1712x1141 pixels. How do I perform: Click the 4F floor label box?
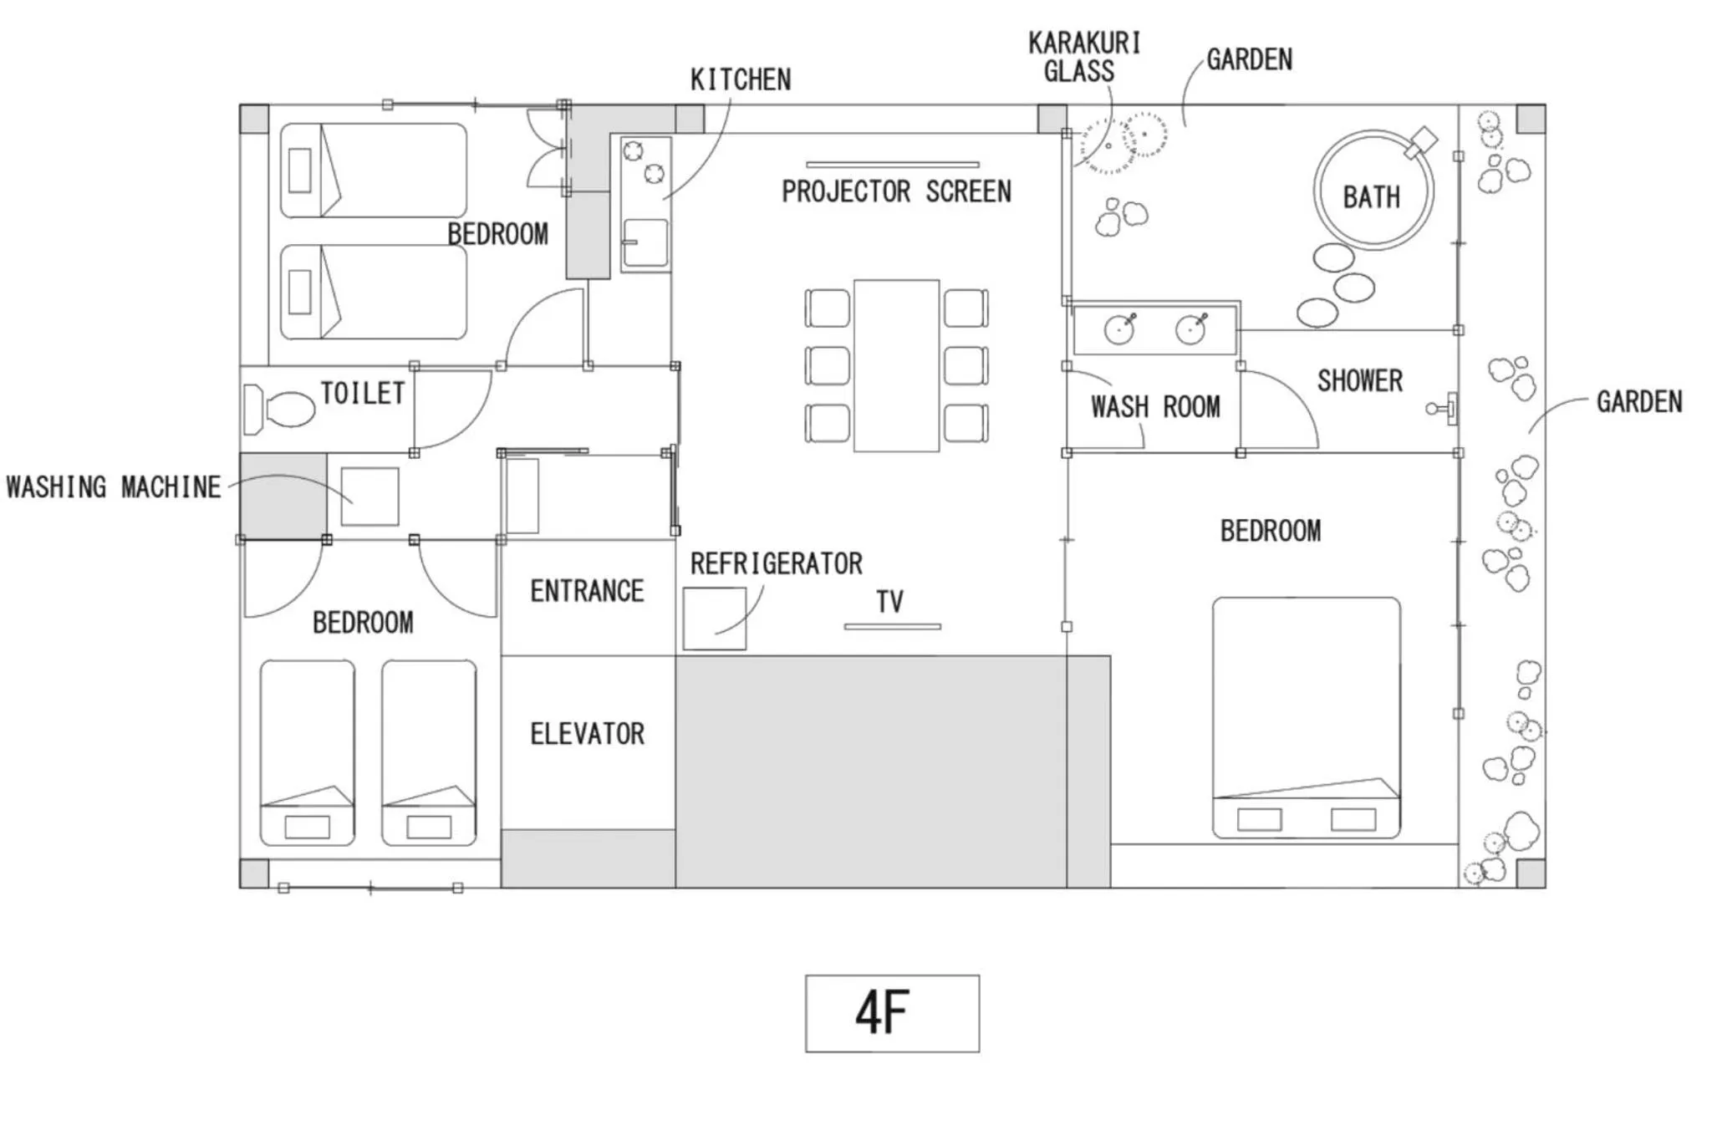click(892, 1013)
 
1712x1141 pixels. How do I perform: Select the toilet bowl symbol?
click(279, 410)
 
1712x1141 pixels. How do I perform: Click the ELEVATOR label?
click(587, 734)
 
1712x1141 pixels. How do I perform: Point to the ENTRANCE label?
click(587, 591)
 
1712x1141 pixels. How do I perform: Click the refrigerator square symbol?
click(715, 619)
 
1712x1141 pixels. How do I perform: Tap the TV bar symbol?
click(892, 626)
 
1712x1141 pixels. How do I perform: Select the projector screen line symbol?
click(892, 165)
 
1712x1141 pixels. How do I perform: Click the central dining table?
click(896, 366)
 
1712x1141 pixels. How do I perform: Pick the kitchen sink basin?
click(646, 242)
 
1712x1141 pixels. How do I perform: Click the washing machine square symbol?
click(369, 497)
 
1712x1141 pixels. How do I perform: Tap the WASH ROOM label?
click(1155, 407)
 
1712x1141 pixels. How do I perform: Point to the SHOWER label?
click(1360, 381)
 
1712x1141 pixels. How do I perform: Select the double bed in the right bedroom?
click(1306, 717)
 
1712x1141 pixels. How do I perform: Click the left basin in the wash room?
click(1119, 330)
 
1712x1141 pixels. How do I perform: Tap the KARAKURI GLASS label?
click(1083, 57)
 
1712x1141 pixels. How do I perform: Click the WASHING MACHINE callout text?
click(114, 486)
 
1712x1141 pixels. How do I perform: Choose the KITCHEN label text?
click(741, 79)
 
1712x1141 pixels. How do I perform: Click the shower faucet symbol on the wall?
click(1443, 408)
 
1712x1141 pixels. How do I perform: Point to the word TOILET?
click(363, 393)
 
